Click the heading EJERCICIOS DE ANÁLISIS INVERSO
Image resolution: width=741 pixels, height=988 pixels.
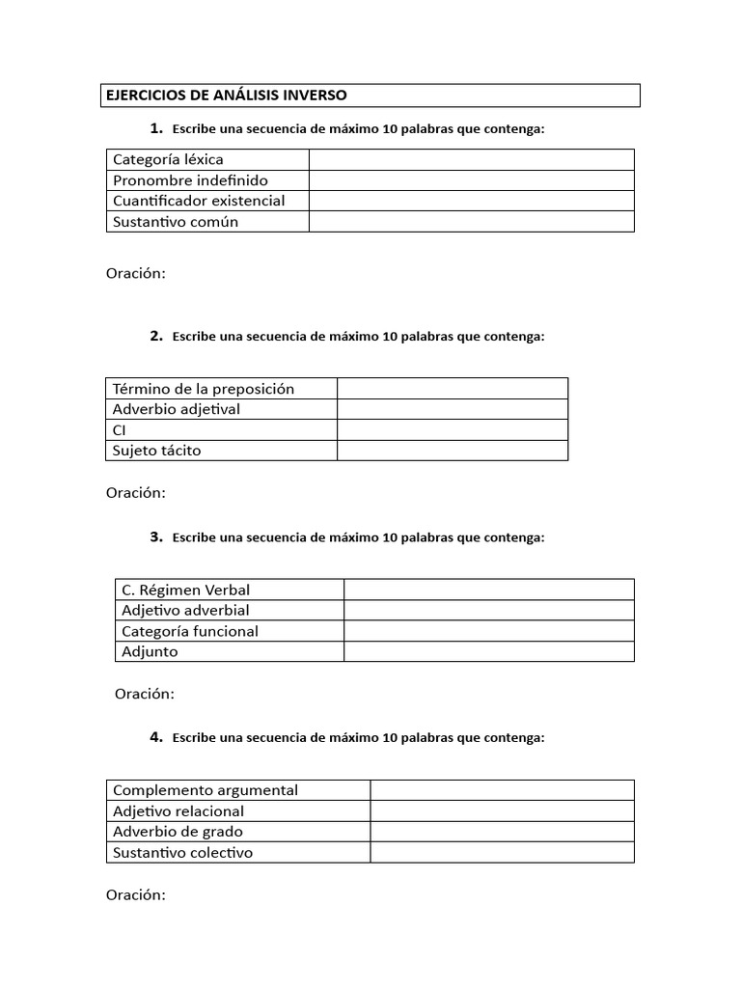[x=224, y=96]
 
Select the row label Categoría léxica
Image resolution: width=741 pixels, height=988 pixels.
[x=168, y=159]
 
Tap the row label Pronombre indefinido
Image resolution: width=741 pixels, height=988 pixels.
[x=190, y=180]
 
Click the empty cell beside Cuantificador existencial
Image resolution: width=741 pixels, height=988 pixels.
[x=471, y=201]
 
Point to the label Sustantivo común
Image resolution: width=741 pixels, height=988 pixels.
[x=175, y=222]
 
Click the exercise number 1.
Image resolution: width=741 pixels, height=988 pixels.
[x=155, y=128]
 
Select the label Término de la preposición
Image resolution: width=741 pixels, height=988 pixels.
[x=203, y=389]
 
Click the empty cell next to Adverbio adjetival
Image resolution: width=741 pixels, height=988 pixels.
[x=452, y=409]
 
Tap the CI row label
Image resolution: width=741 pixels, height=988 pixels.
[x=120, y=430]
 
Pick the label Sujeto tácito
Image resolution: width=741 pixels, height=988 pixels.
[x=156, y=451]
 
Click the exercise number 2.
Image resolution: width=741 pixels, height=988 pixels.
[x=155, y=337]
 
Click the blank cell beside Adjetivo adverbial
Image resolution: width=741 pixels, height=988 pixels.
[x=488, y=610]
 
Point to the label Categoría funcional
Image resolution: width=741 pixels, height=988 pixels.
[x=189, y=631]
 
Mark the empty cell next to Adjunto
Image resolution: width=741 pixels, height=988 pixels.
[x=488, y=651]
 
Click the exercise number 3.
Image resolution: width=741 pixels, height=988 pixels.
[x=155, y=537]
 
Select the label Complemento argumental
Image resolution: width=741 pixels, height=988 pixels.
[x=205, y=790]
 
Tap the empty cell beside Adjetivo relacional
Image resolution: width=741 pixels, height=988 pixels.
[x=502, y=811]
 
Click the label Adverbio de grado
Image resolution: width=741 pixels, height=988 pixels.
[x=178, y=832]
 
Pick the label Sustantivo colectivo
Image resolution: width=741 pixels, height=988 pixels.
[x=182, y=853]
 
